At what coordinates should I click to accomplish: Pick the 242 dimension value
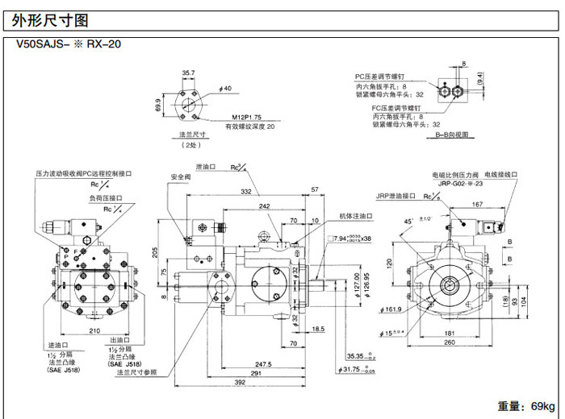pos(264,206)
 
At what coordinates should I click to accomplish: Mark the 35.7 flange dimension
pos(188,73)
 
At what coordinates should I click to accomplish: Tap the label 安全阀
pos(180,176)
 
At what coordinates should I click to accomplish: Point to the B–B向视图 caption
pos(452,135)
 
